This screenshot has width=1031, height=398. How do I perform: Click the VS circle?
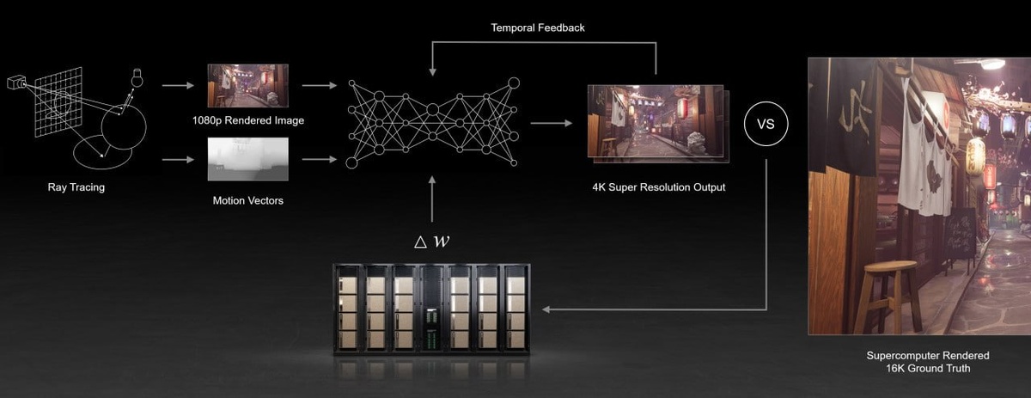tap(765, 124)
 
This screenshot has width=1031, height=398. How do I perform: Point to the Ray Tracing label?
tap(76, 187)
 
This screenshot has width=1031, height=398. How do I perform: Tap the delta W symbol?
tap(432, 241)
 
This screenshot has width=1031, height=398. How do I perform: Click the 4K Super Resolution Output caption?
tap(659, 187)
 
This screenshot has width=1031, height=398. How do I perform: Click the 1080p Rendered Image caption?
tap(248, 121)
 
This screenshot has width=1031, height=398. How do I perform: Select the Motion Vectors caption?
tap(248, 200)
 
